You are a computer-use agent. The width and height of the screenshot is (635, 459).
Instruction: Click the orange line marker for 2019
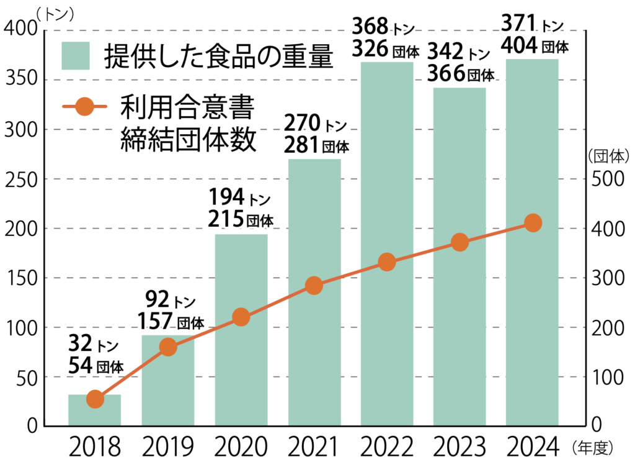(x=168, y=347)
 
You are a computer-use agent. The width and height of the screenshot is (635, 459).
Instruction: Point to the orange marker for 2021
(x=314, y=286)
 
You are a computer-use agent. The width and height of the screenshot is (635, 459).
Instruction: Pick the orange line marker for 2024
(x=533, y=223)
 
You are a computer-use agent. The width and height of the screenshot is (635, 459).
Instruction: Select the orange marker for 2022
(x=387, y=262)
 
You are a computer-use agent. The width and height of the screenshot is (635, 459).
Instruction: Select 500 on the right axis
(x=605, y=179)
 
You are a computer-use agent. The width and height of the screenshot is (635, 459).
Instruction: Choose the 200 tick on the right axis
(x=605, y=327)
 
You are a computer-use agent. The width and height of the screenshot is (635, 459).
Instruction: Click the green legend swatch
(x=76, y=57)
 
